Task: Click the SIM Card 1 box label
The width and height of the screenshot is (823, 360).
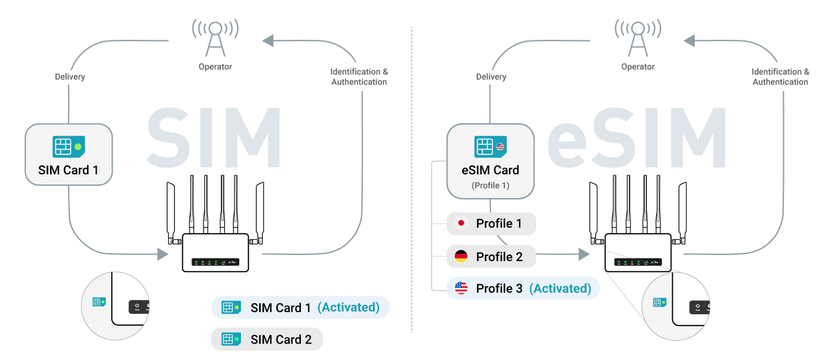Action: point(67,170)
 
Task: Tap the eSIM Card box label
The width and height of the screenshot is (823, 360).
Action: point(490,169)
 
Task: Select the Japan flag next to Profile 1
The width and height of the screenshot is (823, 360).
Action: point(462,224)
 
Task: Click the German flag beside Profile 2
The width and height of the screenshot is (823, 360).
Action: point(462,256)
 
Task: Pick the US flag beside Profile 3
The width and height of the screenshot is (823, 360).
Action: point(462,289)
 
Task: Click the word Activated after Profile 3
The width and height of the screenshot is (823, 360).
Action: point(560,289)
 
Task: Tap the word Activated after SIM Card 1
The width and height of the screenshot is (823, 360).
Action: point(348,308)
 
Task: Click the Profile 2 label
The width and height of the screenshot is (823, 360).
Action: point(499,257)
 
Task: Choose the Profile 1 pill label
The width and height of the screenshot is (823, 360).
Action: point(499,224)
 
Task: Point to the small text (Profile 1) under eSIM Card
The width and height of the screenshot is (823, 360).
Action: point(490,185)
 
